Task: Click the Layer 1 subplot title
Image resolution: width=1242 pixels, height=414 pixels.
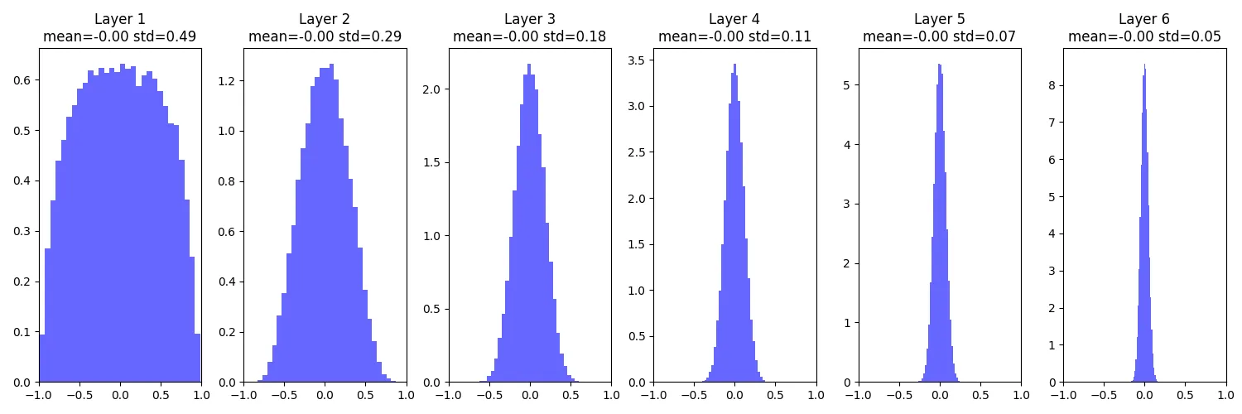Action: pos(119,19)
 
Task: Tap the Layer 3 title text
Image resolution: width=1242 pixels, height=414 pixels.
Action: pos(529,19)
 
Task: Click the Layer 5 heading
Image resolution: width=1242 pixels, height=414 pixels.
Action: pos(939,19)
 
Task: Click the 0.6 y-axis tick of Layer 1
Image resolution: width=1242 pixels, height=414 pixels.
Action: pos(23,80)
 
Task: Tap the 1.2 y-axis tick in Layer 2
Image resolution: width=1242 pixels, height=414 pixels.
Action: pos(228,81)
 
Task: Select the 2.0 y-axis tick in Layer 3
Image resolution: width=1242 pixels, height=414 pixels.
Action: pos(432,89)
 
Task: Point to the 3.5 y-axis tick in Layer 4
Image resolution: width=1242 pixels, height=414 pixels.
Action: pos(638,61)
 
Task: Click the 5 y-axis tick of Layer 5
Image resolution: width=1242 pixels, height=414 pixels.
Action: pos(848,85)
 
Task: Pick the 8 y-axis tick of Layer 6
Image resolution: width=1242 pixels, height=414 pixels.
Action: pos(1052,85)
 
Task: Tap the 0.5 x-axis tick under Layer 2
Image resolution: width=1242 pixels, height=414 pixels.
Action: pos(365,396)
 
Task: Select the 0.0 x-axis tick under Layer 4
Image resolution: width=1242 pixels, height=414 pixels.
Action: pos(734,396)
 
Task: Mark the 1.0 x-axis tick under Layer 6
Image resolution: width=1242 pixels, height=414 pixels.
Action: pos(1225,396)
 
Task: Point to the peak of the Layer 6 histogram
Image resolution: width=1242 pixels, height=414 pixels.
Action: pos(1144,66)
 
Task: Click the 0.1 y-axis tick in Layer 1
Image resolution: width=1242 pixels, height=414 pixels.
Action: pos(23,332)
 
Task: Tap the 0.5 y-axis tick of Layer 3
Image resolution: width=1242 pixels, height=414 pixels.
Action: pos(432,310)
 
